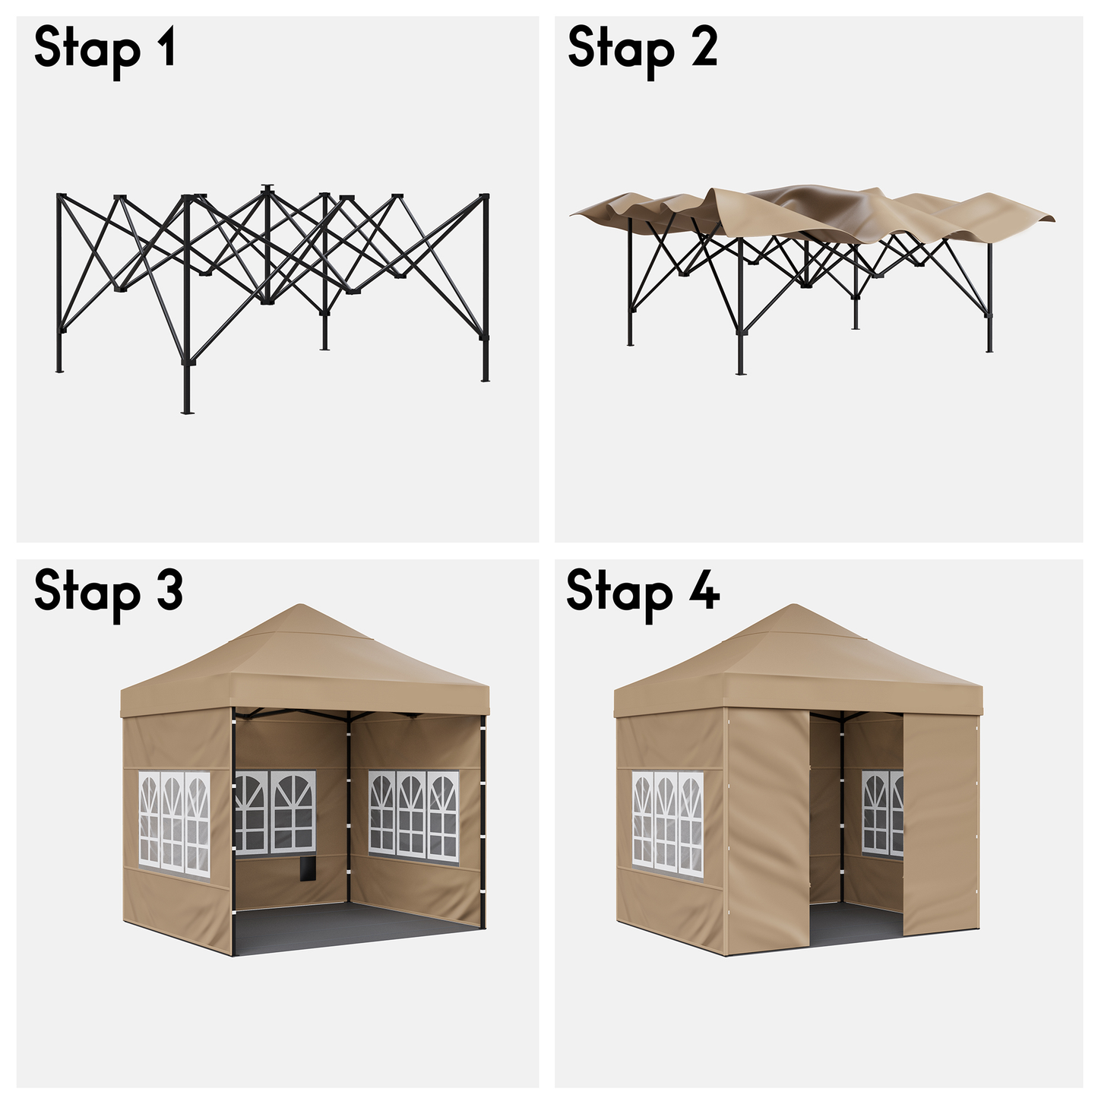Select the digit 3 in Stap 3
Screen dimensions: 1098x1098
(169, 591)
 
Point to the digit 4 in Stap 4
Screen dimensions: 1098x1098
(705, 590)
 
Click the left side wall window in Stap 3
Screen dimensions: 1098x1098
(174, 824)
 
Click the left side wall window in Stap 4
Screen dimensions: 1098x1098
(668, 824)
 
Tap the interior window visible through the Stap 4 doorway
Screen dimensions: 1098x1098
(883, 813)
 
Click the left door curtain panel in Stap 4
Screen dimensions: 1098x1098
(768, 831)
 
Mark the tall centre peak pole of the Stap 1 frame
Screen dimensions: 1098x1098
(267, 244)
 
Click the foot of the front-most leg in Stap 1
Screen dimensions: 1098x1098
(187, 411)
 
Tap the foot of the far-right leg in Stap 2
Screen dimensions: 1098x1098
(989, 350)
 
